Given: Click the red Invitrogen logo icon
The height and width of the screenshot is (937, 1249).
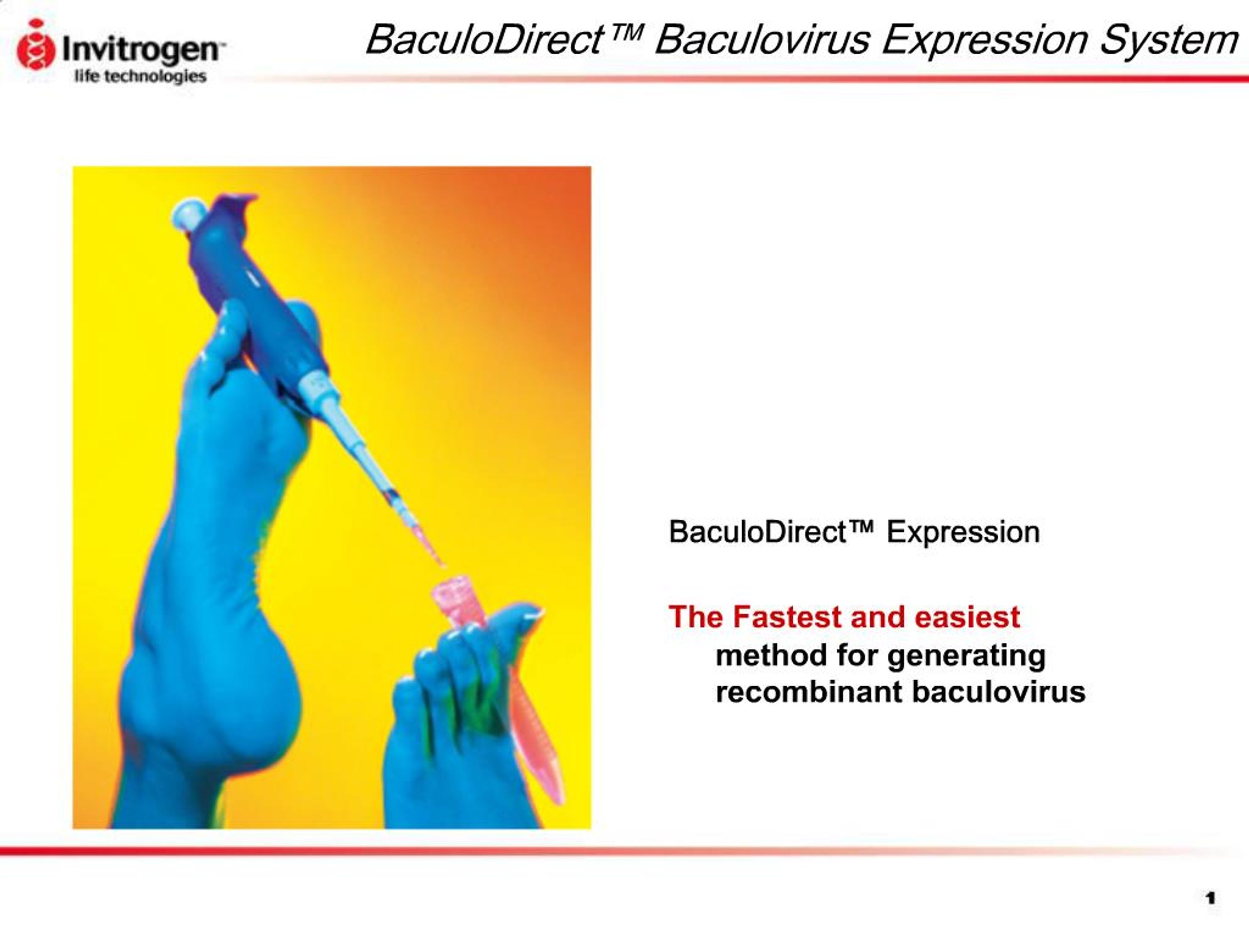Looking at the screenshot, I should pos(36,45).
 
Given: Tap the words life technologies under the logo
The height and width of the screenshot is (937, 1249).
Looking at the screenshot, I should pos(140,76).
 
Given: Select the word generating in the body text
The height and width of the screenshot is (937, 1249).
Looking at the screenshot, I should pos(966,656).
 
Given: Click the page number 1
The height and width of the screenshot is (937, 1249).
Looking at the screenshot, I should pos(1210,898).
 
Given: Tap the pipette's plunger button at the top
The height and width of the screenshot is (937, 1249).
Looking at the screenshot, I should pos(188,213).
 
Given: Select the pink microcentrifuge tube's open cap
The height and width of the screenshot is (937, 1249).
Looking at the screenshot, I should pos(452,590).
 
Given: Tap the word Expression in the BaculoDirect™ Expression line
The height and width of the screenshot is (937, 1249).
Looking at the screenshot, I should pos(963,532).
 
